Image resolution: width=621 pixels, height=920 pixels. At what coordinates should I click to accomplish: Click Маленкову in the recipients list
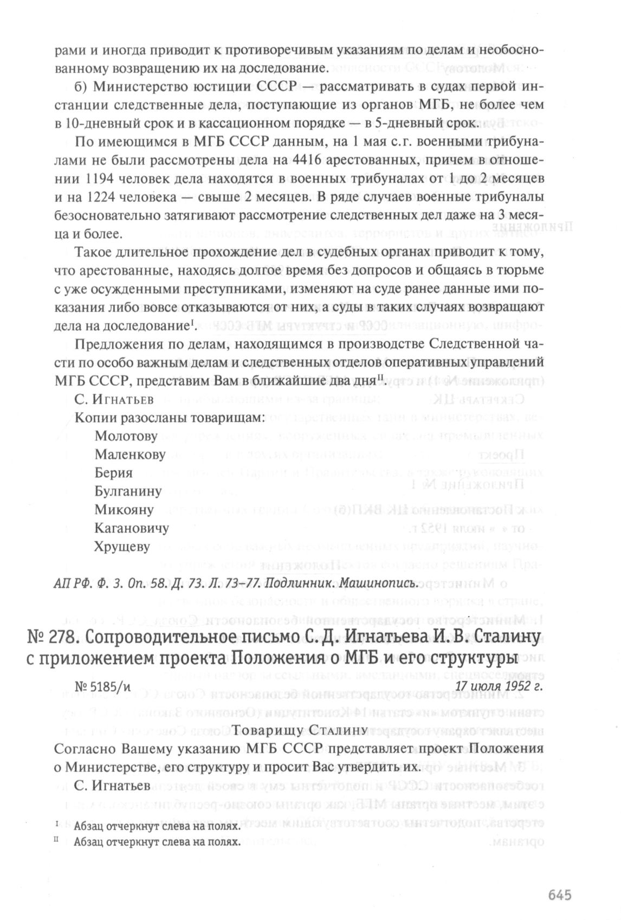click(x=130, y=455)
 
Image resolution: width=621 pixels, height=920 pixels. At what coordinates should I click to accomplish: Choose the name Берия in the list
click(x=113, y=473)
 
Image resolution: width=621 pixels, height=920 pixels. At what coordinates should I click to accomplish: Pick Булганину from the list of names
click(x=128, y=491)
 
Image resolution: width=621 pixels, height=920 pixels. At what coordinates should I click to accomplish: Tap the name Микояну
click(x=124, y=510)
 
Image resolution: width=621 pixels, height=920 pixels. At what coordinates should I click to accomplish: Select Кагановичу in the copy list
click(x=132, y=528)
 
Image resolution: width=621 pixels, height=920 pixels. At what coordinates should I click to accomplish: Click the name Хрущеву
click(x=122, y=547)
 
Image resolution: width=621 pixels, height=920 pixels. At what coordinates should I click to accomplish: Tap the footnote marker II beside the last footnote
click(x=57, y=841)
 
